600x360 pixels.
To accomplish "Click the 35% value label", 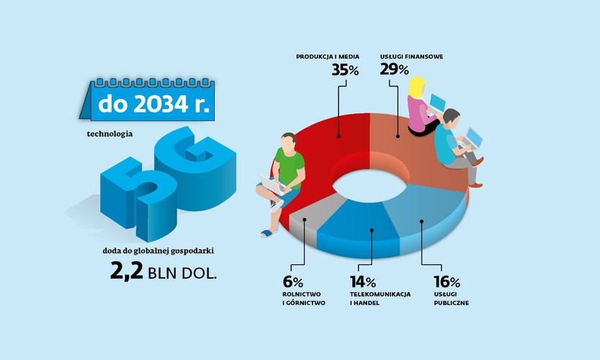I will pyautogui.click(x=345, y=70).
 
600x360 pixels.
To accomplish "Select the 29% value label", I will pyautogui.click(x=395, y=70).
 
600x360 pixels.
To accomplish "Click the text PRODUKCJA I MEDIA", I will pyautogui.click(x=328, y=55).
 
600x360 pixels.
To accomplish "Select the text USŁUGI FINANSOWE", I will pyautogui.click(x=412, y=55).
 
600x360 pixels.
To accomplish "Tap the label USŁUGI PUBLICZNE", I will pyautogui.click(x=452, y=299).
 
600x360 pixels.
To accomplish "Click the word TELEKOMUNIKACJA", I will pyautogui.click(x=380, y=294).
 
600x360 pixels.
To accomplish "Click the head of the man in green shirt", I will pyautogui.click(x=287, y=143).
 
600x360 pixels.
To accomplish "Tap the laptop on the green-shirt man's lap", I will pyautogui.click(x=272, y=185).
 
